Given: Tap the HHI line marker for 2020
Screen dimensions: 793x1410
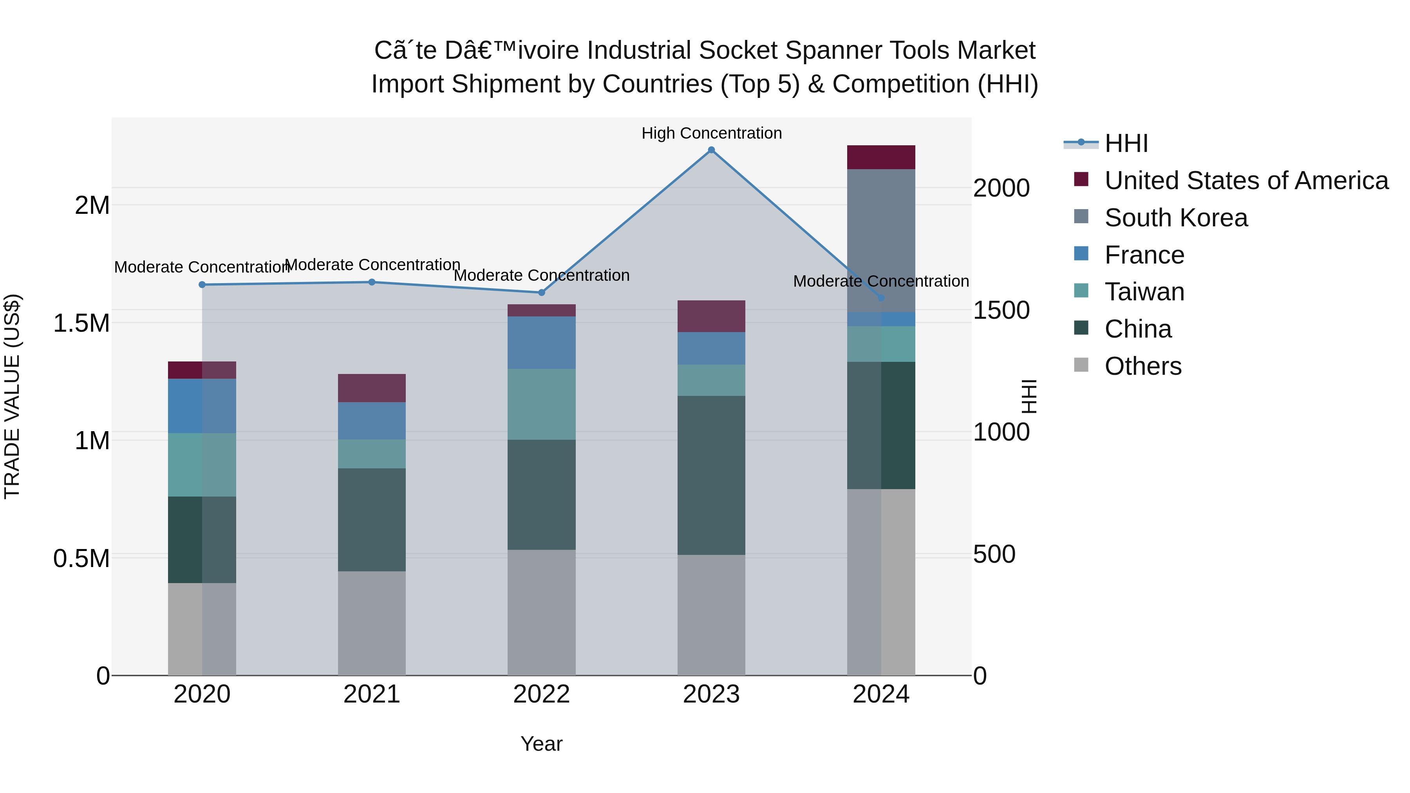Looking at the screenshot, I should pyautogui.click(x=202, y=285).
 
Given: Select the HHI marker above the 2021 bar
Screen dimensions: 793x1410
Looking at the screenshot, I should pyautogui.click(x=372, y=282).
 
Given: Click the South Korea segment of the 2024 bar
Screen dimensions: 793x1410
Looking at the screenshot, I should pyautogui.click(x=881, y=241).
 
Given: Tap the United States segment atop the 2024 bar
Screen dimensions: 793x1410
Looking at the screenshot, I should pyautogui.click(x=881, y=157).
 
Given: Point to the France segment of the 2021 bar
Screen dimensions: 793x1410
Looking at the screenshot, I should pyautogui.click(x=372, y=421).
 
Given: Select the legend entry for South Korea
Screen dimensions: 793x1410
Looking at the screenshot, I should pyautogui.click(x=1176, y=218).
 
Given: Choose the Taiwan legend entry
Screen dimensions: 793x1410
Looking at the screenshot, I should pyautogui.click(x=1144, y=292).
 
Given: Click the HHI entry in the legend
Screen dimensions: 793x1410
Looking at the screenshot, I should pyautogui.click(x=1126, y=143).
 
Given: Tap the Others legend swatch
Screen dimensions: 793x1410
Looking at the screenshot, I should pyautogui.click(x=1081, y=365).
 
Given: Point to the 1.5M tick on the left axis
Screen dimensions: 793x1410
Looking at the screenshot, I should pyautogui.click(x=81, y=323).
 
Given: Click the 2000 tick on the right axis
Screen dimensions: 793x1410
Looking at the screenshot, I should pyautogui.click(x=1001, y=188).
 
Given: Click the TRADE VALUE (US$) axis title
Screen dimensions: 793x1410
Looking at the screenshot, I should pyautogui.click(x=12, y=396).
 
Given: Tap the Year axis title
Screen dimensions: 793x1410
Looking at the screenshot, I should pyautogui.click(x=541, y=744).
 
